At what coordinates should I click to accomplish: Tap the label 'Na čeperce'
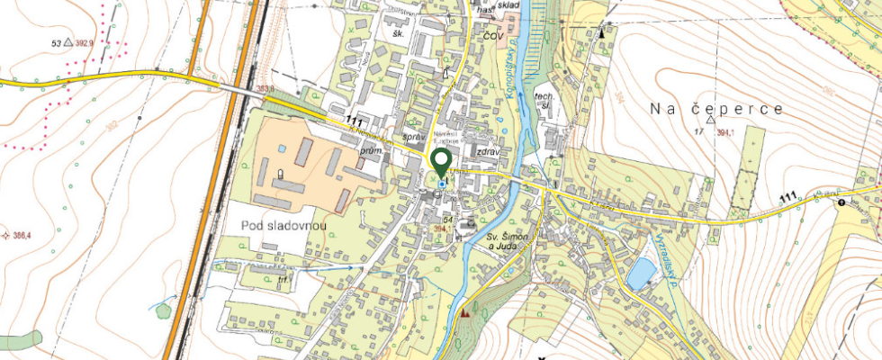coord(716,109)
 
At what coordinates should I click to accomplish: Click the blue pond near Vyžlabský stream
coord(642,273)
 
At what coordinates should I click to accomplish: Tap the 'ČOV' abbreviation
coord(491,37)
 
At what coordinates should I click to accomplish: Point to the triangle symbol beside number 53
coord(68,42)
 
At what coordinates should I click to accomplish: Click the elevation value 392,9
coord(90,42)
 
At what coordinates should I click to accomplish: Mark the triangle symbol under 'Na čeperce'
coord(711,119)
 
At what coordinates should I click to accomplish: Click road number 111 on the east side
coord(789,197)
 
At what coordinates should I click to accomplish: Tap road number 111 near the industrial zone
coord(355,121)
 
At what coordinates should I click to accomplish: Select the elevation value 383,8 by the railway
coord(265,88)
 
